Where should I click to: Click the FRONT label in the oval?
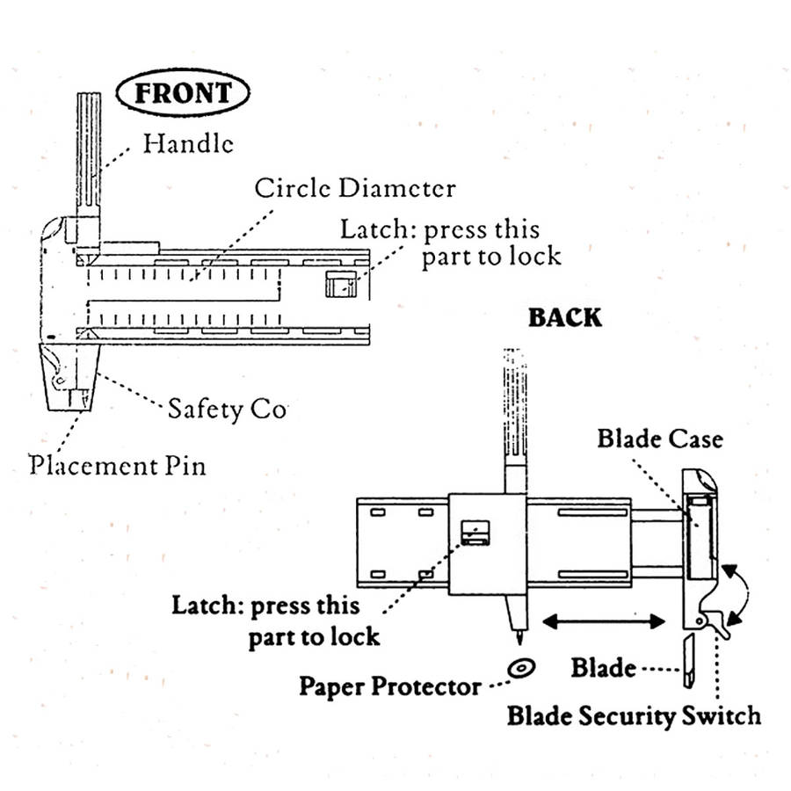click(184, 93)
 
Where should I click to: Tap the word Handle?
click(189, 142)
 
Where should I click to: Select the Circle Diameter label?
click(355, 188)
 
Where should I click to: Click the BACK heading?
click(565, 317)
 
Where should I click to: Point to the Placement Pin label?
click(118, 463)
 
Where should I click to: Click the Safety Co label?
click(227, 409)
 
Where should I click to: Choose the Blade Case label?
click(660, 438)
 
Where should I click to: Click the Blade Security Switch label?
click(634, 715)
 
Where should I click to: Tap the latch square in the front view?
click(342, 284)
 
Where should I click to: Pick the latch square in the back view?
click(475, 531)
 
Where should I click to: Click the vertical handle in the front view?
click(88, 154)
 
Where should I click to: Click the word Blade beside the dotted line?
click(603, 668)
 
